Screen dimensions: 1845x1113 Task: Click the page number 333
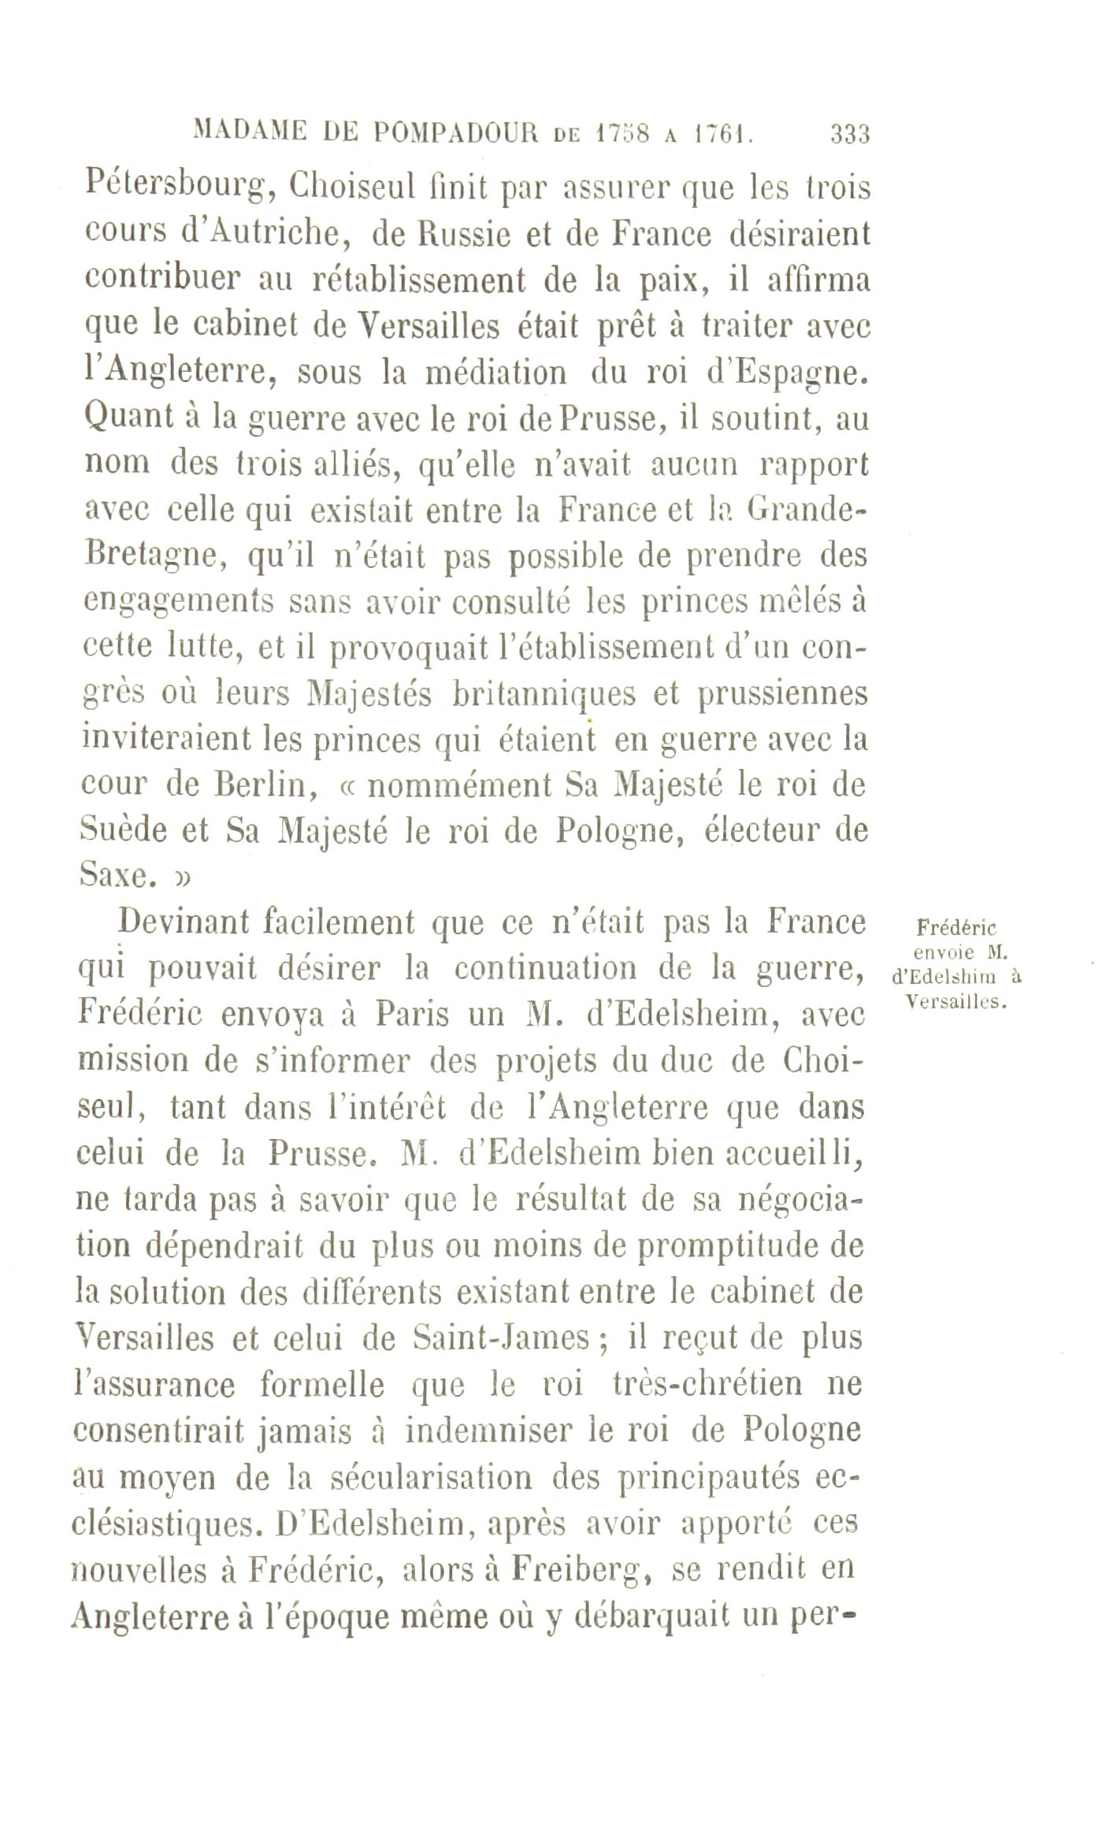point(849,134)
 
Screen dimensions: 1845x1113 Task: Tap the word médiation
point(495,371)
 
